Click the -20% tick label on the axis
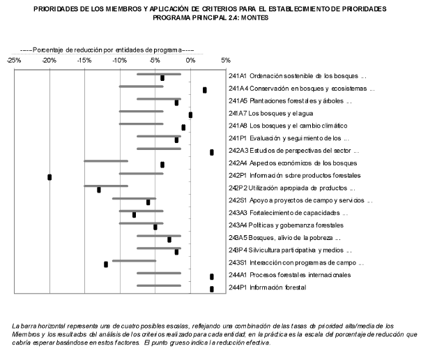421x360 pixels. tap(49, 61)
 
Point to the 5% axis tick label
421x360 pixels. tap(226, 61)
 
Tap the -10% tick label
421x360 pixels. tap(119, 61)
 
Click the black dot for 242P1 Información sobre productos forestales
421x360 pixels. tap(49, 177)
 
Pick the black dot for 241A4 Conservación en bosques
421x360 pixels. tap(205, 90)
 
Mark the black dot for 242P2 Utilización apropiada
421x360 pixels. tap(99, 190)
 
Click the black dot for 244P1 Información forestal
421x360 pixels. tap(212, 289)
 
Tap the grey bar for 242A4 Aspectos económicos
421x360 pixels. tap(105, 161)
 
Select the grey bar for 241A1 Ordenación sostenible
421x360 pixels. tap(159, 74)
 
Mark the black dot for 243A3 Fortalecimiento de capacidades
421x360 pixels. tap(135, 215)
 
